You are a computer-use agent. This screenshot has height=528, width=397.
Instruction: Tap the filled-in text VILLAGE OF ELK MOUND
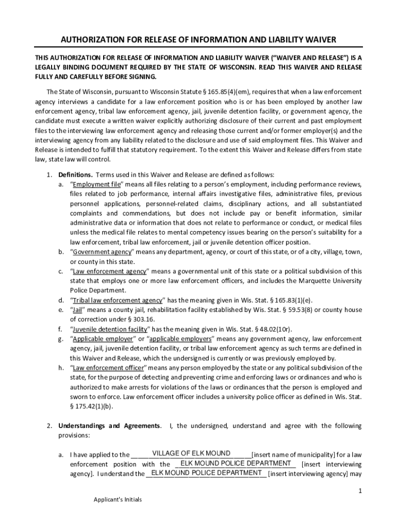pos(191,453)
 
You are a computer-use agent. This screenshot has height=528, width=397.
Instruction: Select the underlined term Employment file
pos(96,185)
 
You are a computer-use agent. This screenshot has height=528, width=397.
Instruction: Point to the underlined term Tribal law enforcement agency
pos(118,300)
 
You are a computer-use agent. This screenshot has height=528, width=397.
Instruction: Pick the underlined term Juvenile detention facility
pos(110,329)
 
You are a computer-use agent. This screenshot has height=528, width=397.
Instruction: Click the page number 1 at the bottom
pos(360,490)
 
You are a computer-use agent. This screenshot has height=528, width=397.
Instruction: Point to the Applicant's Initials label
pos(118,500)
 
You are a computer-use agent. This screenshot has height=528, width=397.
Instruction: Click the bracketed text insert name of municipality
pos(292,455)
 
